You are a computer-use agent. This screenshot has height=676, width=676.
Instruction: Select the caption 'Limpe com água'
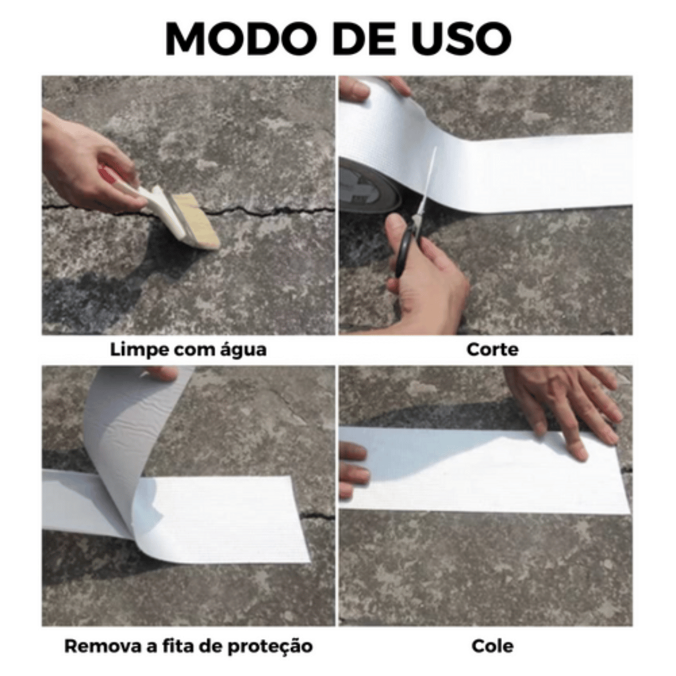[x=188, y=349]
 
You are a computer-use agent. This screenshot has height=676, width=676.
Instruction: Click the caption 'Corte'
[x=493, y=349]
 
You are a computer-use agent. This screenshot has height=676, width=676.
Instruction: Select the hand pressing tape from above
[x=563, y=401]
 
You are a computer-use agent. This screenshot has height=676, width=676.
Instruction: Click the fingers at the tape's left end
[x=354, y=469]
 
